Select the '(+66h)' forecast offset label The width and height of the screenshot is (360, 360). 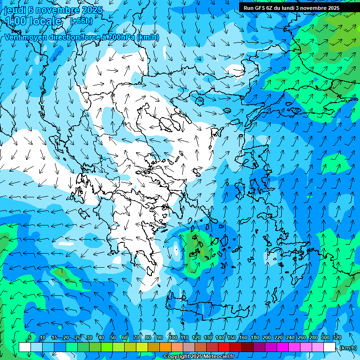(x=81, y=21)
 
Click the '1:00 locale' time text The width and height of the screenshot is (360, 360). (x=33, y=21)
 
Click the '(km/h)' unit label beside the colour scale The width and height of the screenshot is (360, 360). (x=348, y=348)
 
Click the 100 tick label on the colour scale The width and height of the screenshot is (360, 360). (x=172, y=338)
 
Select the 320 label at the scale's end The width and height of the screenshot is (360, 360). (x=337, y=338)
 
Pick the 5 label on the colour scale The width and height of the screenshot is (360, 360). (x=30, y=338)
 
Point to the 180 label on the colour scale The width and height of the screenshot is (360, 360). (x=255, y=338)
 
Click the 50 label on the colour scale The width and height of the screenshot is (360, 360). (x=113, y=338)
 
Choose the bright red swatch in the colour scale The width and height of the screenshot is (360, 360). (x=224, y=347)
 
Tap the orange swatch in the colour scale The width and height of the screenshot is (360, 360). (x=165, y=347)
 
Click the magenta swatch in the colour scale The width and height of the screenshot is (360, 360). (x=283, y=347)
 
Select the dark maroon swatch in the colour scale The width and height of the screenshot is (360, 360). (x=247, y=347)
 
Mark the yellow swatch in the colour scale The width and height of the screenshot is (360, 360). (x=142, y=347)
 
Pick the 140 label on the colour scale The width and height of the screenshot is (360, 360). (x=219, y=338)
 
